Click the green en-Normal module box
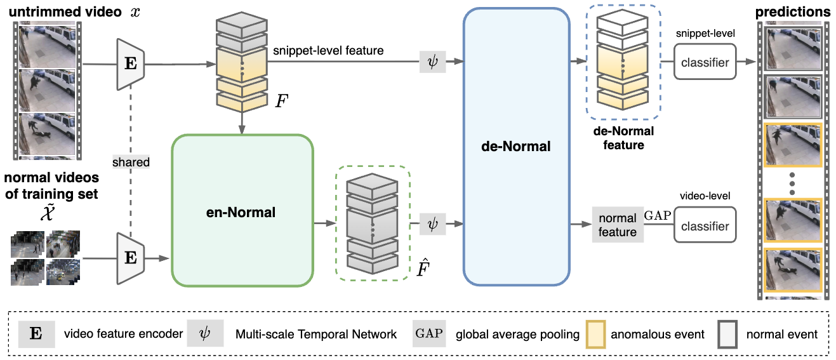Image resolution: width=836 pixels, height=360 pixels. [x=242, y=211]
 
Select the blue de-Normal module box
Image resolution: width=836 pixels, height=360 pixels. [x=516, y=147]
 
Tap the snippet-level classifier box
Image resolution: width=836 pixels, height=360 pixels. [x=705, y=62]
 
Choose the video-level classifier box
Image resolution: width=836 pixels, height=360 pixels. [x=705, y=225]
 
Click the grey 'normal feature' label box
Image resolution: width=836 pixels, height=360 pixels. [x=618, y=224]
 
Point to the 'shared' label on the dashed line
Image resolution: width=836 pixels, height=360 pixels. [x=131, y=162]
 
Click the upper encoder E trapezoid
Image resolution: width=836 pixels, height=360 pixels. [x=131, y=64]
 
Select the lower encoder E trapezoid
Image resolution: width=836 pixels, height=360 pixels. [x=131, y=258]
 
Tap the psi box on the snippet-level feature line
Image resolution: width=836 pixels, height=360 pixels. [x=432, y=62]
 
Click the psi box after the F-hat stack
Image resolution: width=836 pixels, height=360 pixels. [x=432, y=224]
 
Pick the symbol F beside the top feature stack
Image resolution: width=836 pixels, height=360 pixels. [x=282, y=101]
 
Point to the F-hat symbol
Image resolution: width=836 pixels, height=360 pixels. [x=423, y=267]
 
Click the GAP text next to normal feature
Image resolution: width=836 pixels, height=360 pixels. [x=658, y=215]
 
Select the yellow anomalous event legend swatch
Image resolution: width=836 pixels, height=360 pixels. [x=595, y=334]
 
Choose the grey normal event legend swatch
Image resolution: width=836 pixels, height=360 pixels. [x=727, y=334]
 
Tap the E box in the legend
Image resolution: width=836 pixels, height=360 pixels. [x=37, y=334]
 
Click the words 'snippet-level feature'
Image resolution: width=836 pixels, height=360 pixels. [x=328, y=51]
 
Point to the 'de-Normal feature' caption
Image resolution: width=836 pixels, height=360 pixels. [x=623, y=138]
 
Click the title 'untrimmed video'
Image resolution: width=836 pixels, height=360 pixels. [x=65, y=12]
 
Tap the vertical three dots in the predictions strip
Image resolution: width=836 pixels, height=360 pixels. [x=792, y=183]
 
